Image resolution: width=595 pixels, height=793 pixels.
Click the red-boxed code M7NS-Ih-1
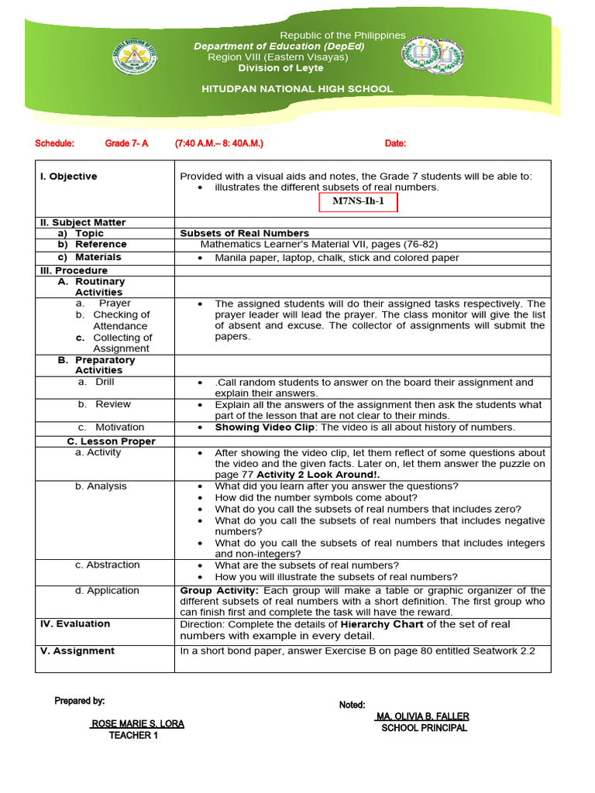pyautogui.click(x=357, y=204)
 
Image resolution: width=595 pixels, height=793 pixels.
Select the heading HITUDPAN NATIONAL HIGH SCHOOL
pyautogui.click(x=297, y=89)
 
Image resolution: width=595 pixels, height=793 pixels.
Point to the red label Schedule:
pyautogui.click(x=55, y=144)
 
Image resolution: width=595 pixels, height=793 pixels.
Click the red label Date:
pyautogui.click(x=395, y=144)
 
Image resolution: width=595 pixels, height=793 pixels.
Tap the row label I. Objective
pyautogui.click(x=69, y=177)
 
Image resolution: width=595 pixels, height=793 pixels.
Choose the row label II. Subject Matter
pyautogui.click(x=83, y=222)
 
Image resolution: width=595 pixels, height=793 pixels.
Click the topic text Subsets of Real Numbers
pyautogui.click(x=244, y=233)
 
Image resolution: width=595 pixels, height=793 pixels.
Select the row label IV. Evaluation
pyautogui.click(x=75, y=623)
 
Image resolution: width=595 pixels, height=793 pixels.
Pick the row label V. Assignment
pyautogui.click(x=77, y=651)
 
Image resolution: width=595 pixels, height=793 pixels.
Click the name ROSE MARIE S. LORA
pyautogui.click(x=138, y=724)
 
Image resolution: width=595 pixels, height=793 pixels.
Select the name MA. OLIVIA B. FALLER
pyautogui.click(x=421, y=716)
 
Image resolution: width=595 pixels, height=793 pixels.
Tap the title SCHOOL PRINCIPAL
pyautogui.click(x=424, y=728)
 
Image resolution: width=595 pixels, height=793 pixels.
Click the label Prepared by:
pyautogui.click(x=79, y=701)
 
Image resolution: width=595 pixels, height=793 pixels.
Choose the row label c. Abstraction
pyautogui.click(x=108, y=565)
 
